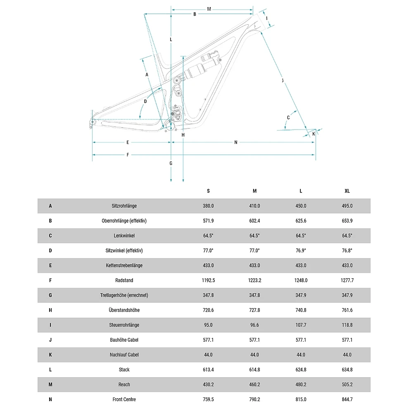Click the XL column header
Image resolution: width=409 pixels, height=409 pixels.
coord(347,191)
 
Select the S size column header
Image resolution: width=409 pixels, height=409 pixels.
coord(208,191)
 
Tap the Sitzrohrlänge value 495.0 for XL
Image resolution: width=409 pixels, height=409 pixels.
coord(347,206)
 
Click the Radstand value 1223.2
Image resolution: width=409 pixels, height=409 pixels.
coord(254,280)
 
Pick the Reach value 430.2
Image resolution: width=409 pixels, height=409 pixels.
coord(208,385)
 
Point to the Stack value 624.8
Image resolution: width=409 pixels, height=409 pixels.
coord(301,370)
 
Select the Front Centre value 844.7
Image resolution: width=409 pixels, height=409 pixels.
coord(347,399)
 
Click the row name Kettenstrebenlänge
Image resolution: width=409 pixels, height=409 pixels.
coord(124,265)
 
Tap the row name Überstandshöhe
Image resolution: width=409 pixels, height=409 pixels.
coord(124,310)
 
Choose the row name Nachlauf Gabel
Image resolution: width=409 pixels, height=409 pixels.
coord(124,355)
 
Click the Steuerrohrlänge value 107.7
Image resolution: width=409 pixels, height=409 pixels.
coord(301,325)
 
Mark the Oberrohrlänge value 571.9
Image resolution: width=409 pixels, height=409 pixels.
coord(208,221)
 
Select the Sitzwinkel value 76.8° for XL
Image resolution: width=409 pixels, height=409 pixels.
coord(347,250)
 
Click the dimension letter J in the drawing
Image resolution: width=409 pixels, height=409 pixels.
coord(283,80)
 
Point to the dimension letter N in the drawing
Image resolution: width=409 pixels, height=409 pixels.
coord(236,143)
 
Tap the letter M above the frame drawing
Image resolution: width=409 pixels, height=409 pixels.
coord(209,9)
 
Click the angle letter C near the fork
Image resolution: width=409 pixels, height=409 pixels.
coord(288,117)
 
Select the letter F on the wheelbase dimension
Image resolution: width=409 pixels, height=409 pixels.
coord(128,155)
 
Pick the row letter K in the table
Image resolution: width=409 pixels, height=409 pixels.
coord(50,355)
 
